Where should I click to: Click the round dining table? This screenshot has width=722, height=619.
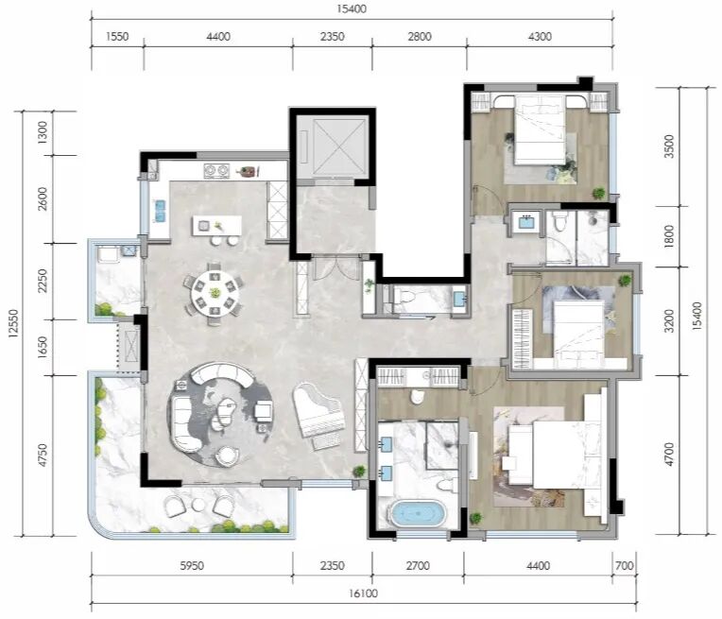[215, 292]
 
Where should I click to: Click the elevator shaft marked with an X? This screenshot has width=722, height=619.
[333, 146]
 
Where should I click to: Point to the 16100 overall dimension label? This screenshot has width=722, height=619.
[363, 593]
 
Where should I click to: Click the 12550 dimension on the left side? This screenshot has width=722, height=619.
[13, 323]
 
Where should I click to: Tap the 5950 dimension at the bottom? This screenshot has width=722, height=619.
[192, 565]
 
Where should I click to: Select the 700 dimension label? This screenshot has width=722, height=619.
[625, 565]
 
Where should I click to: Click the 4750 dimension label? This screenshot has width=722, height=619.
[42, 456]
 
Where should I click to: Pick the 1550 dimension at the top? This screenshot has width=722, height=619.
[117, 37]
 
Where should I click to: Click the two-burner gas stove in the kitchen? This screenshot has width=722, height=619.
[216, 171]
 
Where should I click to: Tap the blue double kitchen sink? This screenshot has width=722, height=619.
[161, 211]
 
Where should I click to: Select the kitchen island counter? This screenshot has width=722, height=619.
[216, 226]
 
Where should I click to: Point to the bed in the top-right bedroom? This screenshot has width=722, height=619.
[540, 129]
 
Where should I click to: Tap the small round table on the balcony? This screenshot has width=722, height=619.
[198, 505]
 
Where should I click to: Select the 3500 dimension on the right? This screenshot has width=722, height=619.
[669, 146]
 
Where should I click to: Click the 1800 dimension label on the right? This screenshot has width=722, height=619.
[669, 236]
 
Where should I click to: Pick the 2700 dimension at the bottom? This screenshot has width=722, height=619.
[418, 565]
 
